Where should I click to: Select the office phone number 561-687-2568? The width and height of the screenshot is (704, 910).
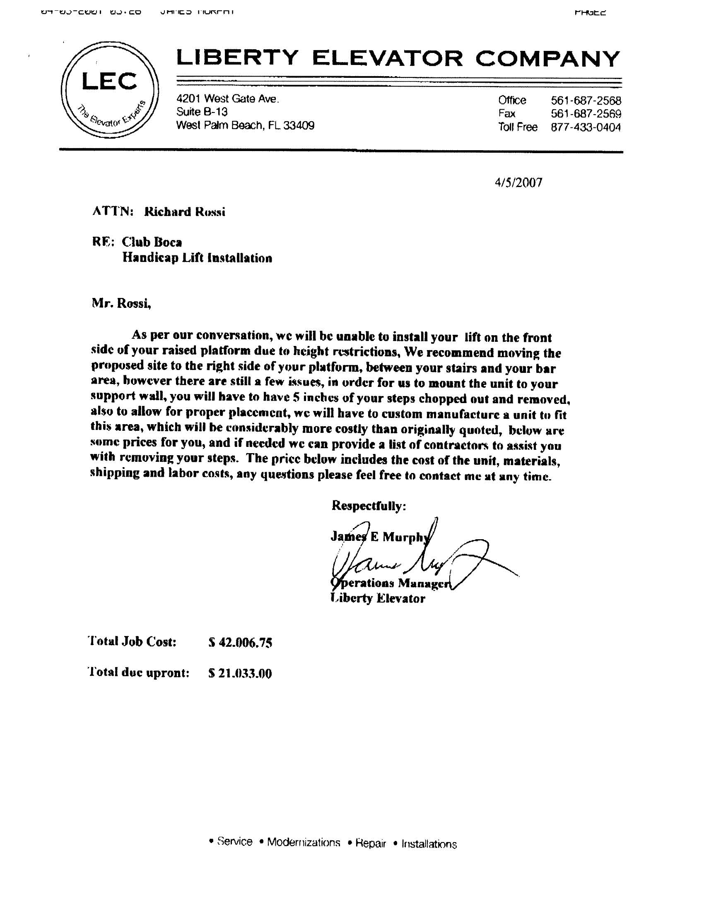tap(586, 101)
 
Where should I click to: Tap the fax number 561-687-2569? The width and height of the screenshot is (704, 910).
tap(586, 114)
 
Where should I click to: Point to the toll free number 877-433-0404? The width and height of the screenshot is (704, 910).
tap(586, 127)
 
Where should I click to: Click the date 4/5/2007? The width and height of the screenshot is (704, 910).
tap(518, 182)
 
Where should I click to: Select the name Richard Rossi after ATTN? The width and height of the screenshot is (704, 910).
tap(184, 211)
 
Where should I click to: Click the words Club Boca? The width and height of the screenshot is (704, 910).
tap(152, 242)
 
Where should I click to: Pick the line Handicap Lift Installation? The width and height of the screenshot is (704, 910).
tap(197, 258)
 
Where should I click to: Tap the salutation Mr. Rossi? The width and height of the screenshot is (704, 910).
tap(121, 303)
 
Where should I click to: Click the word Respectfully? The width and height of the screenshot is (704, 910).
tap(368, 506)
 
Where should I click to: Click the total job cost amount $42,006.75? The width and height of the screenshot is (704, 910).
tap(240, 643)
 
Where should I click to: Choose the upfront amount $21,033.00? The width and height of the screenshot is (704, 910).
tap(240, 673)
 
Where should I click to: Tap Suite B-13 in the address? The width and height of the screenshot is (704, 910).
tap(202, 112)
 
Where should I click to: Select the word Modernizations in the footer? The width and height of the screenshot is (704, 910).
tap(303, 842)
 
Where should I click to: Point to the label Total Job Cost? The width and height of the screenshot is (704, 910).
tap(133, 642)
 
